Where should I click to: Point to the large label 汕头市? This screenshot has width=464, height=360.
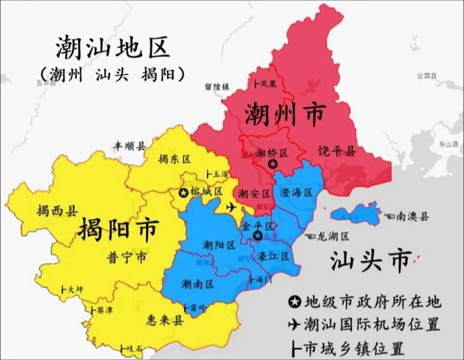(x=370, y=260)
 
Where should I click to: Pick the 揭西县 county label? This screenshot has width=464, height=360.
(x=57, y=210)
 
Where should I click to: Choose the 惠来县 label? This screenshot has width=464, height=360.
(x=165, y=320)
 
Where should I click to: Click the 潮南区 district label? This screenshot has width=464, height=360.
(x=197, y=284)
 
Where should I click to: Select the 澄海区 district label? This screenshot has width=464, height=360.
(x=296, y=193)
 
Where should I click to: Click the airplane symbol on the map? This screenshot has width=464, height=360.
(x=232, y=207)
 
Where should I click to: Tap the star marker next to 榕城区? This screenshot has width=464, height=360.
(x=183, y=193)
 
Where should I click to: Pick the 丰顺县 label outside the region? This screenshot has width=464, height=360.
(x=129, y=146)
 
